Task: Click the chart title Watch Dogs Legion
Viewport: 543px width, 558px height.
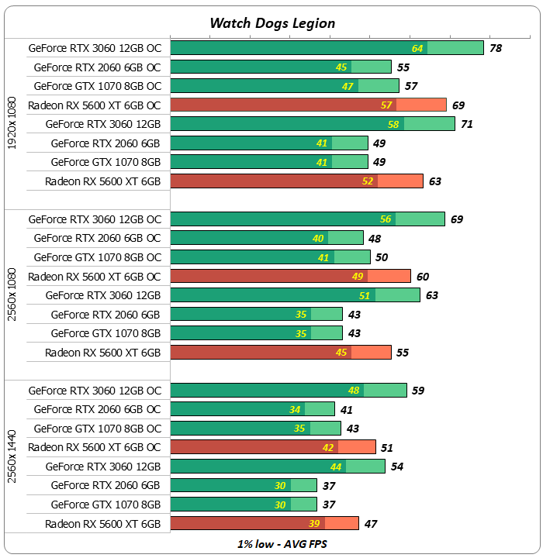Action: (x=272, y=22)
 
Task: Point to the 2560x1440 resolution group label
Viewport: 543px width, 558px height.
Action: (x=12, y=456)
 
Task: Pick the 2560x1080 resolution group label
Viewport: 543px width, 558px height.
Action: (x=12, y=286)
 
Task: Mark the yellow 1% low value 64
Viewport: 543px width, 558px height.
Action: (x=417, y=48)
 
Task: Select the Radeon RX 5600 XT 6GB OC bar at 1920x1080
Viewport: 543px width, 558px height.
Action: (x=308, y=105)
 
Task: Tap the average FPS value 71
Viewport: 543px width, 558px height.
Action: (x=467, y=124)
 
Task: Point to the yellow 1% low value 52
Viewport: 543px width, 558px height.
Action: (x=367, y=181)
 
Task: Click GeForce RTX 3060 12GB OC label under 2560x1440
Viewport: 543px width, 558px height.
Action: (x=95, y=391)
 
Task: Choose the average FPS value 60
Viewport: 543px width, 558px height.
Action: (x=423, y=277)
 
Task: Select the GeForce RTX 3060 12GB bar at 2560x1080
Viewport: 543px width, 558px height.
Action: (x=295, y=295)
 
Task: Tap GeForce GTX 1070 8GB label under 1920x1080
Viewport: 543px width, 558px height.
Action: (x=105, y=162)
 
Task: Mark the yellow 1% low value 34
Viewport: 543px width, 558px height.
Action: (x=295, y=410)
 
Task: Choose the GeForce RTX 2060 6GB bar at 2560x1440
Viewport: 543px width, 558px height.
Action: (x=243, y=486)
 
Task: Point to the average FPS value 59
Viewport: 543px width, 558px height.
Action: (x=418, y=391)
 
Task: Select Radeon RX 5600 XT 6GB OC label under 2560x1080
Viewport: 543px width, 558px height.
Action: (x=95, y=277)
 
